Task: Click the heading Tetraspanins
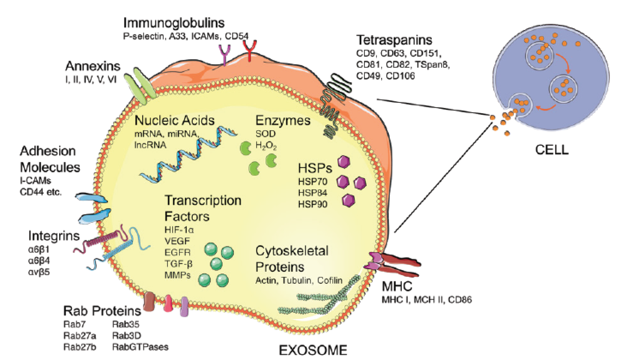pos(394,41)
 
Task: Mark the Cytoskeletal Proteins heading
pos(292,258)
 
